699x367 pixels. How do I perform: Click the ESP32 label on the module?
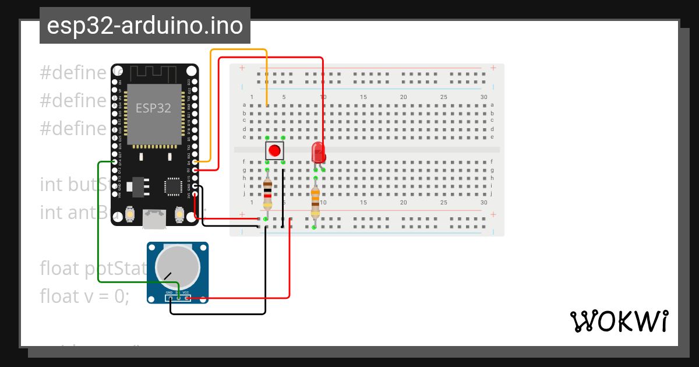coord(153,108)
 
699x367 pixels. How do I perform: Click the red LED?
coord(318,152)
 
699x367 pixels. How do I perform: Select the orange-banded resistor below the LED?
coord(315,201)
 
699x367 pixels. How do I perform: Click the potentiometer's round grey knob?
coord(177,266)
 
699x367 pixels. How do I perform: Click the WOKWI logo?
coord(619,321)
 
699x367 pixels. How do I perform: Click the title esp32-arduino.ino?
coord(144,26)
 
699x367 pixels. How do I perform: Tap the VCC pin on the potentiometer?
coord(186,298)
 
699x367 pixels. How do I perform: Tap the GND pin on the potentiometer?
coord(170,298)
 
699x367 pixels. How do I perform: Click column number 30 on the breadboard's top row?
coord(483,97)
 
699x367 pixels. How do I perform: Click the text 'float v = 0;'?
coord(84,297)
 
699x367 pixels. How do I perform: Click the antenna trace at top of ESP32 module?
coord(153,74)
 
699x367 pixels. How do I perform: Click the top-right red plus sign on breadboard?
coord(493,68)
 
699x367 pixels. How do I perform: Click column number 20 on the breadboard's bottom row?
coord(403,203)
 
